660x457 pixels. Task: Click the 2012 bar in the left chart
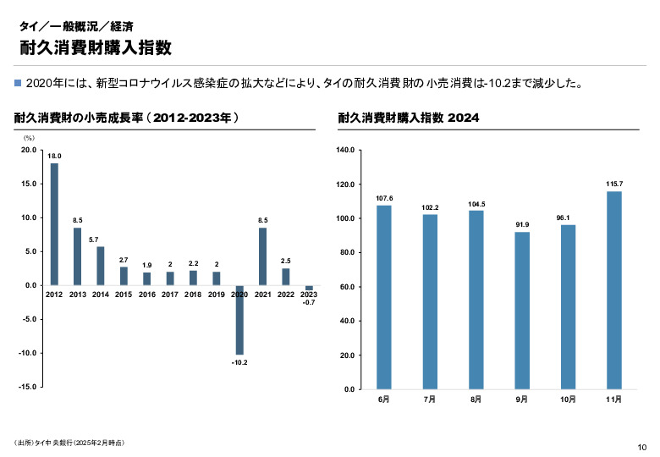[x=54, y=224]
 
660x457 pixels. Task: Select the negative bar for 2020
[x=239, y=320]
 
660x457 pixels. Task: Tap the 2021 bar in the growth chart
[x=263, y=256]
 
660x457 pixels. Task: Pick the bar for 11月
[x=614, y=290]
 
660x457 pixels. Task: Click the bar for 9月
[x=522, y=311]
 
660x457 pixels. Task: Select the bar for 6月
[x=384, y=297]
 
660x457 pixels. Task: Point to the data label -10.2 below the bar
[x=239, y=362]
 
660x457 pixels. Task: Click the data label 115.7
[x=614, y=184]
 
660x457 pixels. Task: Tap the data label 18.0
[x=54, y=157]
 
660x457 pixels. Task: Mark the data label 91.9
[x=522, y=224]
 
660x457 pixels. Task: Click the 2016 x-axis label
[x=147, y=295]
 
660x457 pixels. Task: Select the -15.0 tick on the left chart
[x=27, y=386]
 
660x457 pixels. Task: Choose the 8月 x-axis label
[x=476, y=399]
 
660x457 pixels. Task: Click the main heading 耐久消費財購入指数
[x=94, y=47]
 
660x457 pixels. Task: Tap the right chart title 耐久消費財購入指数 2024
[x=409, y=118]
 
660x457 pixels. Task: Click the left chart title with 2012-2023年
[x=127, y=118]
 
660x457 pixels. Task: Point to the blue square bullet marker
[x=19, y=83]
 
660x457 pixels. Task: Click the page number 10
[x=641, y=447]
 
